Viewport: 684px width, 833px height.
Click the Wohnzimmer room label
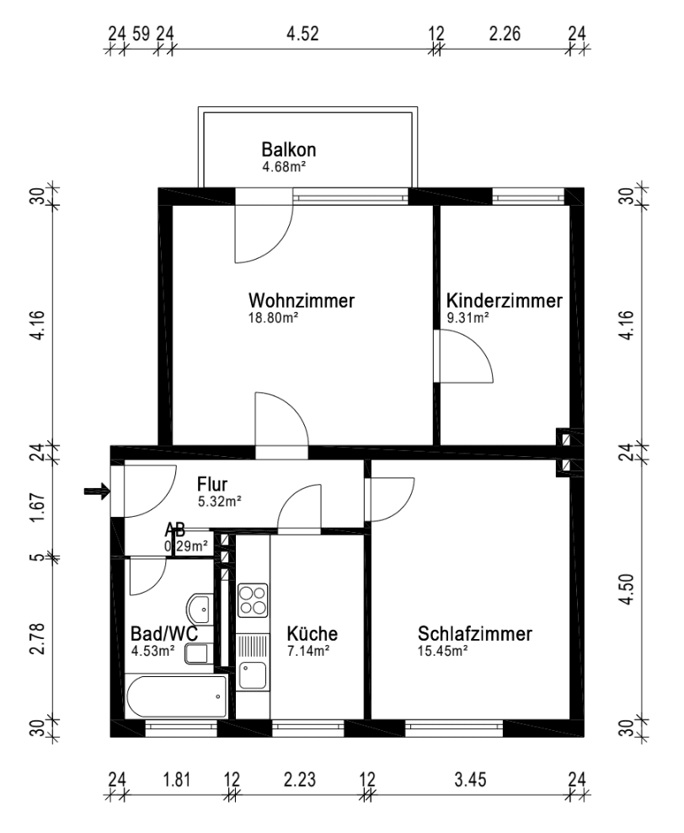pos(302,301)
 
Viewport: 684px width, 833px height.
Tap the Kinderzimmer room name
pos(504,301)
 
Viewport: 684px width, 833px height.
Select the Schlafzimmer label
pos(475,634)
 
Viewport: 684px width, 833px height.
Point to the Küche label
pos(312,633)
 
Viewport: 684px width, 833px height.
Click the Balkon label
pos(289,149)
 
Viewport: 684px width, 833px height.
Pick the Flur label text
pos(212,484)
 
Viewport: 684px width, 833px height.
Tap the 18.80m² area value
pos(273,318)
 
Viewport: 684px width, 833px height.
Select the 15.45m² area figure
pos(442,652)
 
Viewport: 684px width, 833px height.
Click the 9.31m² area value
pos(468,318)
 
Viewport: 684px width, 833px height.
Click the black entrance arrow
pos(97,492)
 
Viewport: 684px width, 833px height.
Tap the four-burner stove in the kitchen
pos(253,600)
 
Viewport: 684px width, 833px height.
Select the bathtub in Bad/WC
pos(177,696)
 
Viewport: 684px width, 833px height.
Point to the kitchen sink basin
pos(253,675)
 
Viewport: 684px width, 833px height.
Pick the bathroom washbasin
pos(200,609)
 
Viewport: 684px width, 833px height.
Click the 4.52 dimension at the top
pos(302,34)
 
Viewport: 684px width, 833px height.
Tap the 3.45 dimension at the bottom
pos(470,780)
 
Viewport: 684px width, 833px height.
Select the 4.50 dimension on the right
pos(627,589)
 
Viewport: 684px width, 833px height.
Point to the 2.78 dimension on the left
pos(37,639)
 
